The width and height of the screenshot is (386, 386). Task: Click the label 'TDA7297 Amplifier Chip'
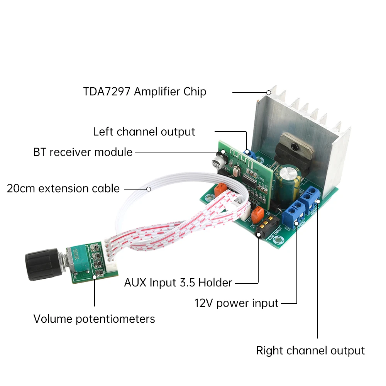145,92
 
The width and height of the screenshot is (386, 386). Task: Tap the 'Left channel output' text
144,132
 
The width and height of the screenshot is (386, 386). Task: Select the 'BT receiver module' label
83,152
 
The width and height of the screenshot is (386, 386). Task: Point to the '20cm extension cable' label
63,189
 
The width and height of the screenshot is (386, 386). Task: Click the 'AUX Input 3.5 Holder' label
178,283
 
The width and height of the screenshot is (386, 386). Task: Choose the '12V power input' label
236,303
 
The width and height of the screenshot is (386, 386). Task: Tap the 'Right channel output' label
310,350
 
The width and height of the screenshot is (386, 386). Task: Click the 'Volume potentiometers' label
94,319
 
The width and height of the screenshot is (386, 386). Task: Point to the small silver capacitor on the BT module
220,160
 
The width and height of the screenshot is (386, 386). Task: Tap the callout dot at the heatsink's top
269,93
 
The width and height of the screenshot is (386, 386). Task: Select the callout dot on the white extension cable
148,189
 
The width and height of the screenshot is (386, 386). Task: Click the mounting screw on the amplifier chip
295,146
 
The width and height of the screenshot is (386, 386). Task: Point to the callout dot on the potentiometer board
95,276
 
